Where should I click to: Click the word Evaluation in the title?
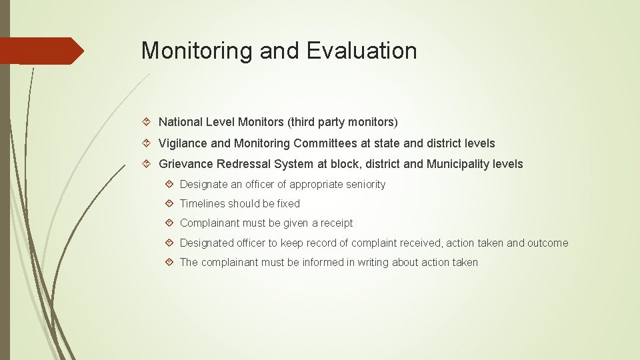[x=362, y=51]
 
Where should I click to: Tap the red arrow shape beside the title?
[x=41, y=51]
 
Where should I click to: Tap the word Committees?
[x=325, y=143]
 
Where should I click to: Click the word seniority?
[x=363, y=184]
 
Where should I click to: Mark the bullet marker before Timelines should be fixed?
[x=170, y=203]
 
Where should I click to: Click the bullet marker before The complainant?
[x=170, y=262]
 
